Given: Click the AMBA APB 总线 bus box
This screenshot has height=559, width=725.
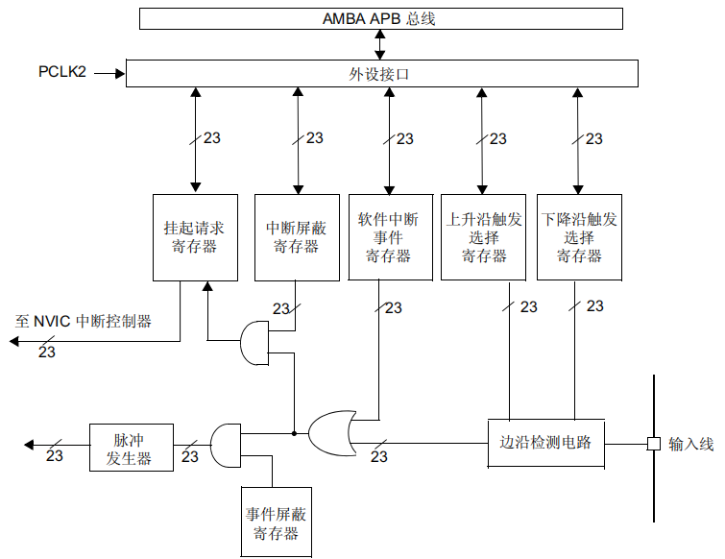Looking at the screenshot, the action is (381, 18).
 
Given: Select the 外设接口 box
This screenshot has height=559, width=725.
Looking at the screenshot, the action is (382, 73).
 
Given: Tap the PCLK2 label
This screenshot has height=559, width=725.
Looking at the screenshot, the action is (62, 72).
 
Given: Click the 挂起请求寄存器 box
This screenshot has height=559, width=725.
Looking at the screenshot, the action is (195, 237).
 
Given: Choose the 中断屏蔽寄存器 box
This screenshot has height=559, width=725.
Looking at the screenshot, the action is (297, 237).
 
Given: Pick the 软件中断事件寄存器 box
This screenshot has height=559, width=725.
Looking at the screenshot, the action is (390, 237).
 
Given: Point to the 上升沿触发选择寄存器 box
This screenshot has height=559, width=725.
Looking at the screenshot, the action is (483, 237).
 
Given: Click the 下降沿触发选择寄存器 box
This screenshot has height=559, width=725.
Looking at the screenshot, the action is (579, 237).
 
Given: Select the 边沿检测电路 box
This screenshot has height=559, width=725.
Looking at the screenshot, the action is (546, 443).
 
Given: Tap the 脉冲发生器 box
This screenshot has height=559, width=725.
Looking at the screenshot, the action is (132, 448).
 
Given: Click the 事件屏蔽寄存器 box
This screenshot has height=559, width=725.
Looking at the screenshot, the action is (276, 522).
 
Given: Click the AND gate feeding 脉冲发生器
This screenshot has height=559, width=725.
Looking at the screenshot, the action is (226, 446).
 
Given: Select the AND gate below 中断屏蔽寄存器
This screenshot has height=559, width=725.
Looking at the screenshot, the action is (254, 343).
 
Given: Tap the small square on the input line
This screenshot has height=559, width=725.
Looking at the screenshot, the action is (653, 444).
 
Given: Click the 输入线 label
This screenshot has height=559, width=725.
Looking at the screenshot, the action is (690, 444).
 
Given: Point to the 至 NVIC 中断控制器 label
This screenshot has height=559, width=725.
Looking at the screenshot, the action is (84, 321).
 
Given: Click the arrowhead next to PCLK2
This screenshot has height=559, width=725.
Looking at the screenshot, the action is (120, 73).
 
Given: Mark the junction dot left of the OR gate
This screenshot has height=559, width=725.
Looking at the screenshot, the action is (294, 433).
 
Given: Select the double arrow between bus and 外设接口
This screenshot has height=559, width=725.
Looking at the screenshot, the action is (379, 44).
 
